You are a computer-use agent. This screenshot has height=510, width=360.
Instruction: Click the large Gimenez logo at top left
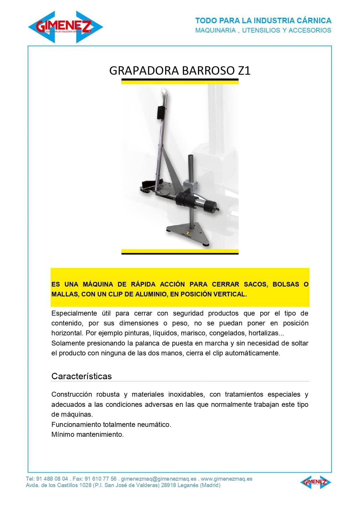point(65,27)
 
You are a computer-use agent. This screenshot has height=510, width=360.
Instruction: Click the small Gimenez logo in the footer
point(316,482)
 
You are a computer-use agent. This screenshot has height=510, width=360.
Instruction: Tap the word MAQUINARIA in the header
point(215,30)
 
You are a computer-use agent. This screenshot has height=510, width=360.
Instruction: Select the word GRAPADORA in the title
point(144,71)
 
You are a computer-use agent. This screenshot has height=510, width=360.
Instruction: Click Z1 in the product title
point(244,71)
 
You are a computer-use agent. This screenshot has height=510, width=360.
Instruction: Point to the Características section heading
point(82,376)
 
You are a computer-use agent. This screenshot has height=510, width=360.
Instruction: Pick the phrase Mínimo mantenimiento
point(87,434)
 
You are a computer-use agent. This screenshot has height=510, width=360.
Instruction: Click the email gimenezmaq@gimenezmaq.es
point(159,479)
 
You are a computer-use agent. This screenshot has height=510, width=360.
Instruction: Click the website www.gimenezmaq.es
point(226,479)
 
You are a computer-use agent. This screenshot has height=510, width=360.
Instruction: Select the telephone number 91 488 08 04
point(52,479)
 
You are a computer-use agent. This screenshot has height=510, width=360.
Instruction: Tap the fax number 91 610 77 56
point(100,479)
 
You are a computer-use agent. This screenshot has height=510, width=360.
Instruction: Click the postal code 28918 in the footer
point(168,485)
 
